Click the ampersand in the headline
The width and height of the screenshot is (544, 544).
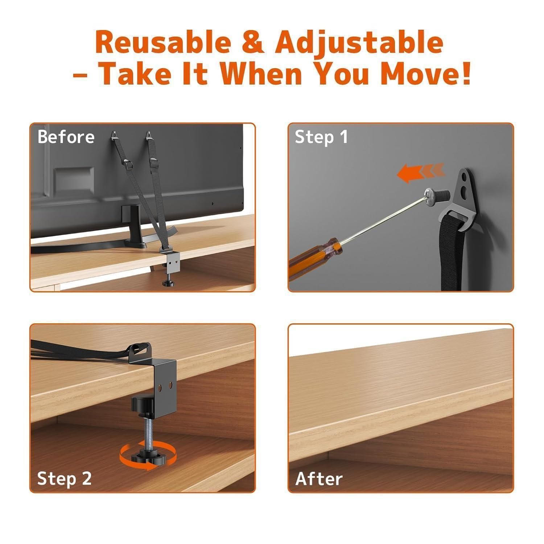tap(253, 43)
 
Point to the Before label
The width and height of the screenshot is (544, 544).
tap(66, 137)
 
